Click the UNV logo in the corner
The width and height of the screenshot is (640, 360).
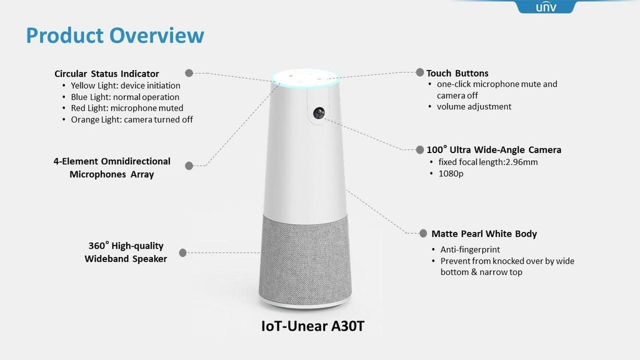point(545,7)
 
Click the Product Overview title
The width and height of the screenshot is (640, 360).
point(115,35)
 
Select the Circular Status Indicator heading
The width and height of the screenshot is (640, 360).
point(107,74)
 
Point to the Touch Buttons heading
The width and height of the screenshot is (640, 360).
point(457,73)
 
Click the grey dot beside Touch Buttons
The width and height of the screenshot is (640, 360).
point(421,72)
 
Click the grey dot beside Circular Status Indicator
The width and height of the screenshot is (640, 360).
point(189,72)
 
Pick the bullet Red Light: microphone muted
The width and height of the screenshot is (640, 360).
point(127,108)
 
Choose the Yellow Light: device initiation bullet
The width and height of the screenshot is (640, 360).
point(125,86)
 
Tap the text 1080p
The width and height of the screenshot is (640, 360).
point(451,173)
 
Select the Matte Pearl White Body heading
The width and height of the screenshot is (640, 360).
point(484,234)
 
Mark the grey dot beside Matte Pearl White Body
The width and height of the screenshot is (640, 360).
point(423,233)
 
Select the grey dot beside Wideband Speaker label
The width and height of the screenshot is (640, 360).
point(182,252)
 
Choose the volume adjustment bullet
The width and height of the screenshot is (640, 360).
point(474,106)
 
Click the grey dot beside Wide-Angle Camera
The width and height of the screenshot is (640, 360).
point(420,149)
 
